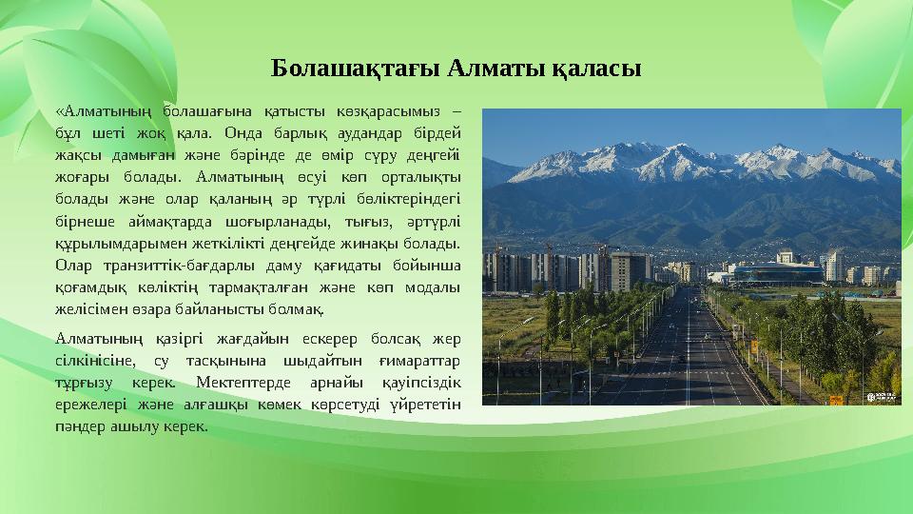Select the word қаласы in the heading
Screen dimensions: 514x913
coord(598,69)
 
